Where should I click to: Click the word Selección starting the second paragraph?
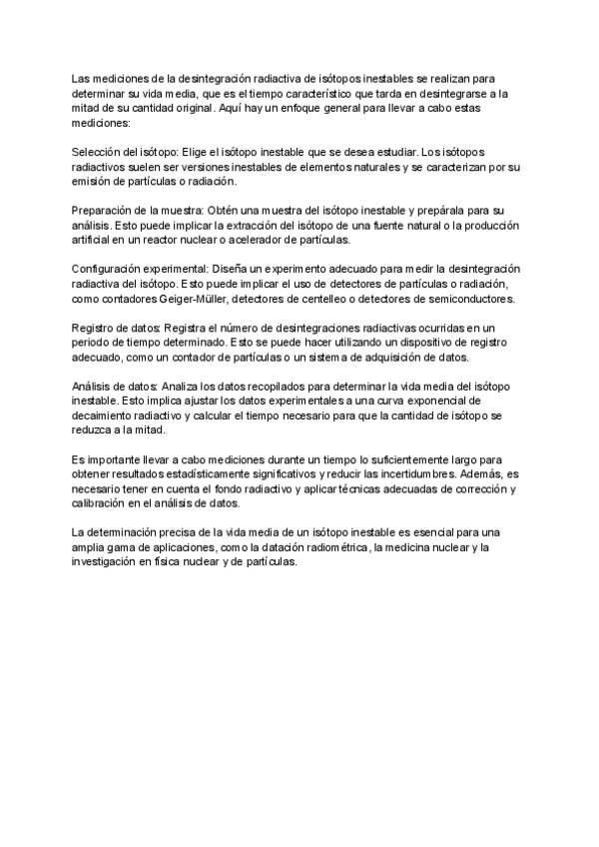coord(95,150)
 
